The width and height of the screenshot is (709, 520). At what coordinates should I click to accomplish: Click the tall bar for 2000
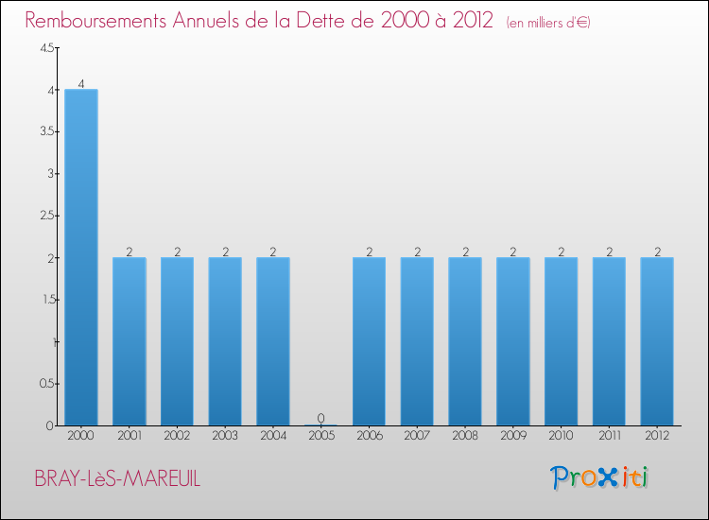[81, 257]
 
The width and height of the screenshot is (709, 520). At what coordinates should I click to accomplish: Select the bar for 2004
[273, 341]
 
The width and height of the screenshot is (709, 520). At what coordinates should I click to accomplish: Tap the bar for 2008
[465, 341]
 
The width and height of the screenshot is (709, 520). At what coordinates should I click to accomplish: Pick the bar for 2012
[657, 341]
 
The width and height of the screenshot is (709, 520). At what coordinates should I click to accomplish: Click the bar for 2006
[369, 341]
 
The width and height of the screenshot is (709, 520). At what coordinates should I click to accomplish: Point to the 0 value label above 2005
[321, 418]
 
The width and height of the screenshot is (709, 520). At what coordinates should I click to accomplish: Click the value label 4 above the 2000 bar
[81, 83]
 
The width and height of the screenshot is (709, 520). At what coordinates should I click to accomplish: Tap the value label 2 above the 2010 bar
[562, 251]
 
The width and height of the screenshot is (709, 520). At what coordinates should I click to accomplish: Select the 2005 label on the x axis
[321, 437]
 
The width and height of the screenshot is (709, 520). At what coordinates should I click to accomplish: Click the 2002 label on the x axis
[177, 437]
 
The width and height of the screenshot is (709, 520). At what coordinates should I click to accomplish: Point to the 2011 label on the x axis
[609, 437]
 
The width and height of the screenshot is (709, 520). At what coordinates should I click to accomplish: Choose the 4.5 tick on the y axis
[46, 49]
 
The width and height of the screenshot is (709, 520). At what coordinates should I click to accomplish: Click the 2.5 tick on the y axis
[46, 217]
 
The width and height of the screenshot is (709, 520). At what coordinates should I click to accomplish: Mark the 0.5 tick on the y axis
[46, 384]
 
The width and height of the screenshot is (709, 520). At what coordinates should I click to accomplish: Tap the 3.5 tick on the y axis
[46, 132]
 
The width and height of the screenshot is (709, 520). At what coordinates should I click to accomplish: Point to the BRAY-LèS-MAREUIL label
[117, 479]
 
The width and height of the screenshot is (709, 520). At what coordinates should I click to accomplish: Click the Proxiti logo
[599, 477]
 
